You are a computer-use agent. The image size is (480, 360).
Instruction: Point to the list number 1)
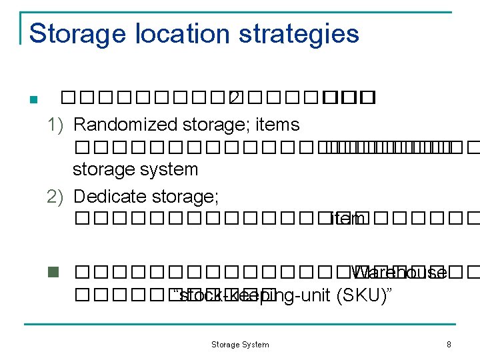click(56, 125)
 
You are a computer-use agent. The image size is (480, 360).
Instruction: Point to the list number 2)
click(56, 197)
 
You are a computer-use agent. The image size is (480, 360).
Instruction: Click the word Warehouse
click(399, 273)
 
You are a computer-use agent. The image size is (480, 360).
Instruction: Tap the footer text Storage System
click(240, 345)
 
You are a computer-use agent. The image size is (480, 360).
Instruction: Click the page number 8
click(449, 345)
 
